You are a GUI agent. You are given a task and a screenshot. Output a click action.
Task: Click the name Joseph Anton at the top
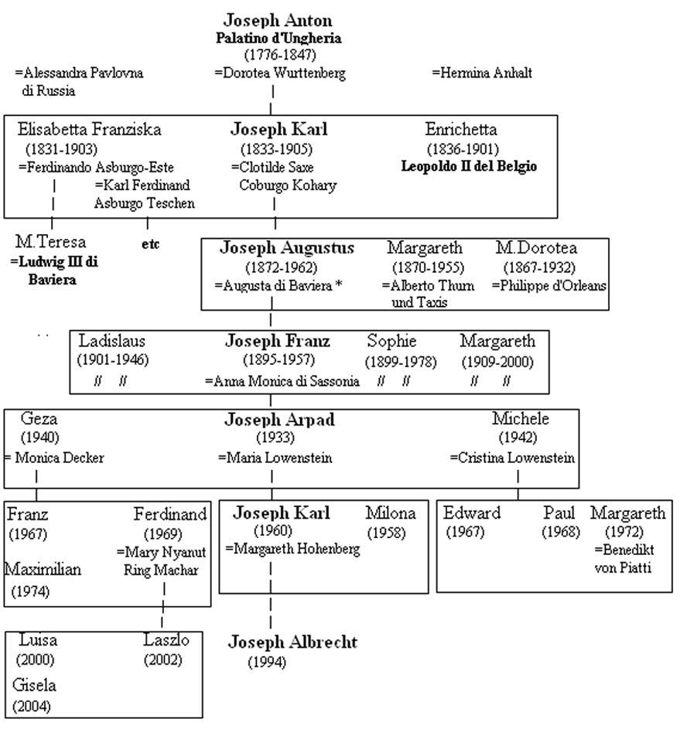(x=278, y=21)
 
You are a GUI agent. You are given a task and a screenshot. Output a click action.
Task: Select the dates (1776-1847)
(x=280, y=55)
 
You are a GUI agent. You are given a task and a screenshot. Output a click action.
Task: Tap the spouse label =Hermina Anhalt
(x=481, y=73)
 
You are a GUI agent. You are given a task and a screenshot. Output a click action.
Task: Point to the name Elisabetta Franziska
(x=90, y=130)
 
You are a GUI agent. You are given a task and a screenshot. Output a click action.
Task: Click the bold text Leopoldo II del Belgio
(x=469, y=166)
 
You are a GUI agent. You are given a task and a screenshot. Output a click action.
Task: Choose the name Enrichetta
(x=461, y=130)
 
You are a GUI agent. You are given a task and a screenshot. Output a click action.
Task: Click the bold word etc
(x=150, y=244)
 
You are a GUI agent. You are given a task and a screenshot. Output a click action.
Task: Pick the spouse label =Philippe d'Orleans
(x=548, y=285)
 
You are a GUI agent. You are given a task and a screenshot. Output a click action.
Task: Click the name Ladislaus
(x=112, y=342)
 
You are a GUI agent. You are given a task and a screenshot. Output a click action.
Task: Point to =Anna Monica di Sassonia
(x=282, y=381)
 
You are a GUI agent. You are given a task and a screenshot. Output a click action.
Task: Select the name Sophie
(x=391, y=342)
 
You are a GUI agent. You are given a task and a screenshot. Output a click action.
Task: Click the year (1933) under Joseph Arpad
(x=278, y=438)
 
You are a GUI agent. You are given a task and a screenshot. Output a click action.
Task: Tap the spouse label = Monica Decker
(x=54, y=458)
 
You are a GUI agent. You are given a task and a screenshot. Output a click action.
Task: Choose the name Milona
(x=391, y=513)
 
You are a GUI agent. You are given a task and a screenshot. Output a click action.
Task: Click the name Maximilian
(x=43, y=571)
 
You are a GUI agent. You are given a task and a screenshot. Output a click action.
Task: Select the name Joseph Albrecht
(x=293, y=642)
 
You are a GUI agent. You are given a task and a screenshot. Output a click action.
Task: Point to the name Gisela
(x=34, y=686)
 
